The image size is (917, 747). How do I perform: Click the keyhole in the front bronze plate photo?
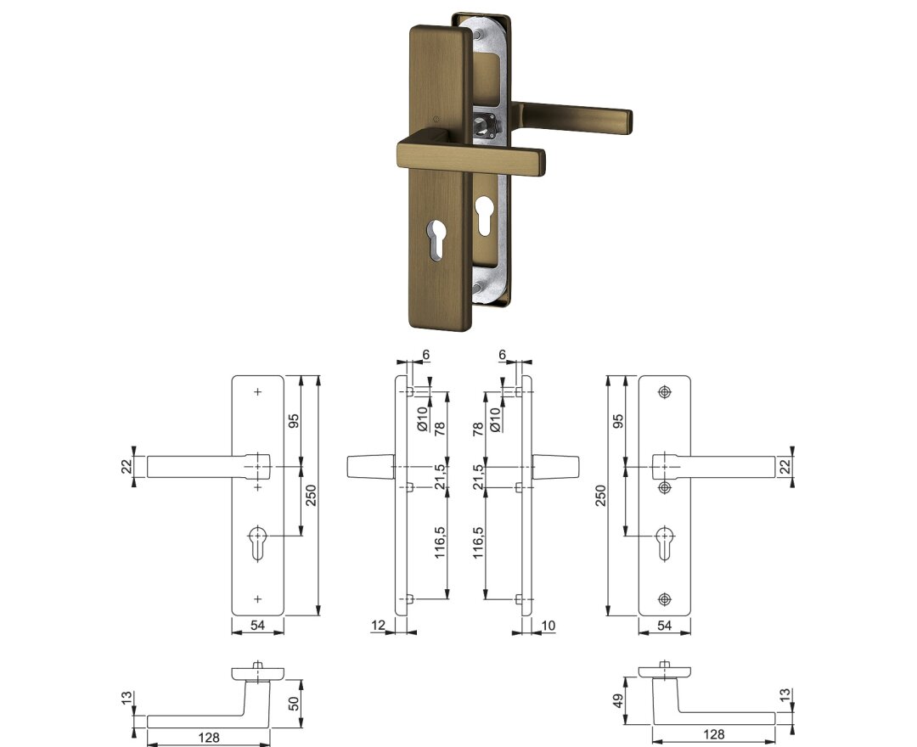point(437,239)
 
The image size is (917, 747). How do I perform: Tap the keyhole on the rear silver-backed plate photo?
point(484,215)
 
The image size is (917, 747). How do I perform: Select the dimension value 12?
point(379,625)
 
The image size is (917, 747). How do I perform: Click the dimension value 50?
point(294,703)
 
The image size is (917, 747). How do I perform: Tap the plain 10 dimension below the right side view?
point(548,626)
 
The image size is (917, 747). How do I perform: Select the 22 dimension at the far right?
point(785,466)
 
